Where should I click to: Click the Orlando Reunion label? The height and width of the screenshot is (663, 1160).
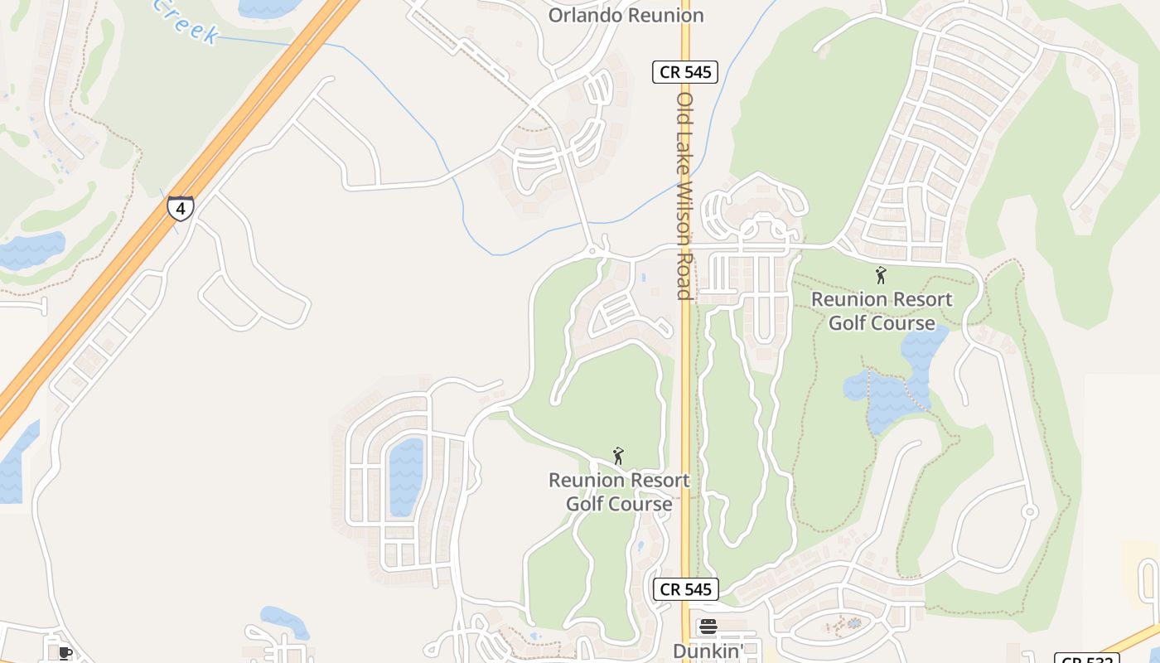point(626,15)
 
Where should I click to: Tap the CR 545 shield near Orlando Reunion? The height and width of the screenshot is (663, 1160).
point(684,72)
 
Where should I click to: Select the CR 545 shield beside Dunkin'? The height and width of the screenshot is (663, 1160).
point(685,589)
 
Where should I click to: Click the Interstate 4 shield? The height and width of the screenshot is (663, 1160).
point(180,207)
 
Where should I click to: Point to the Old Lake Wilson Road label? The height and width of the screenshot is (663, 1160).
point(684,195)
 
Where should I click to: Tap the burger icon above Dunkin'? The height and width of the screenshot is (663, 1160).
point(708,627)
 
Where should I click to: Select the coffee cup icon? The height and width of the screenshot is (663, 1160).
point(65,654)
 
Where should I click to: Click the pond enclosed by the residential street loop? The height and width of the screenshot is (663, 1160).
point(405,477)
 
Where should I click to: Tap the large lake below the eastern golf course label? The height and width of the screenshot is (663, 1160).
point(895,390)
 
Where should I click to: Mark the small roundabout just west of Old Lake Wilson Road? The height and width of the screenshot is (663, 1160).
point(592,249)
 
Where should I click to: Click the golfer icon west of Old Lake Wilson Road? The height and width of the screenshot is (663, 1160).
point(617,455)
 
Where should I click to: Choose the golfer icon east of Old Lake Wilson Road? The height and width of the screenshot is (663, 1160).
point(881,274)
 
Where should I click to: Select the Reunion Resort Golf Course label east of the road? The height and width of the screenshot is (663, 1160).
point(882,311)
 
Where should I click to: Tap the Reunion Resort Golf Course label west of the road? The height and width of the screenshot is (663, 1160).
point(619,491)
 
